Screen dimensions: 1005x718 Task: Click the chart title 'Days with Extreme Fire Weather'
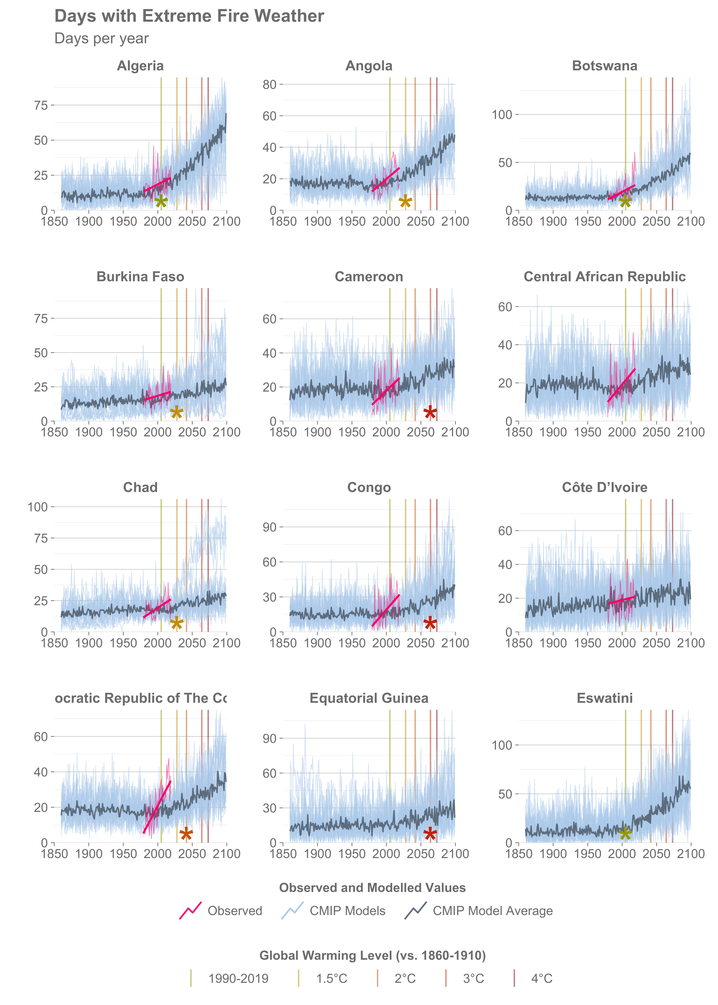click(189, 16)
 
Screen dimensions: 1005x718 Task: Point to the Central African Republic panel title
click(604, 277)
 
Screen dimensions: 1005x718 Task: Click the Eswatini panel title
click(604, 698)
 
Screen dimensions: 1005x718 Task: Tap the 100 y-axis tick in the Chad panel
click(38, 507)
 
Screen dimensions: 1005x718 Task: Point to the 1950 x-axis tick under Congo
click(352, 643)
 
